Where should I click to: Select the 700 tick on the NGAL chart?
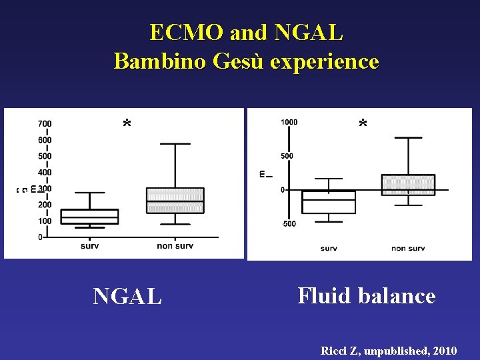click(x=45, y=124)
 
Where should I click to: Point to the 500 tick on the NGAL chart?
click(x=45, y=156)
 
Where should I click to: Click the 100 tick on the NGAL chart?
click(x=45, y=221)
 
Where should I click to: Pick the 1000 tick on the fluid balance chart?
click(x=289, y=122)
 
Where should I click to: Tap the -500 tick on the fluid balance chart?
click(x=288, y=223)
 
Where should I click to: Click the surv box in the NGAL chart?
click(x=90, y=217)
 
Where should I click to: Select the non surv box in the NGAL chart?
click(x=175, y=200)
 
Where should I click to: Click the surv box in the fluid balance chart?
click(x=329, y=202)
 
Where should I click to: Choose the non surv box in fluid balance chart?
click(x=408, y=185)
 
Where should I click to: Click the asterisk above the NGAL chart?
click(x=127, y=125)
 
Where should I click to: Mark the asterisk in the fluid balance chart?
click(x=363, y=125)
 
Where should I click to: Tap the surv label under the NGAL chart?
click(x=90, y=246)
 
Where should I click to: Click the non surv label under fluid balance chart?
click(x=408, y=249)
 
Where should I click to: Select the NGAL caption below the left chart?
click(x=127, y=296)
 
